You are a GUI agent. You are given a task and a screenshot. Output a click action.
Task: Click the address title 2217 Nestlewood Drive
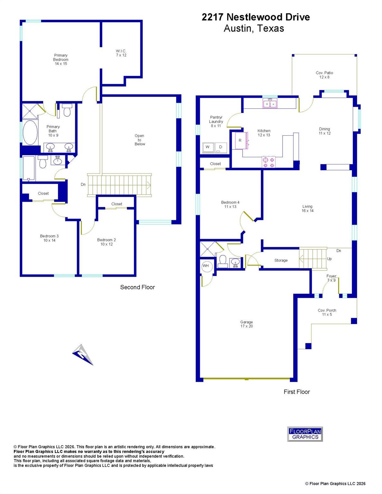coord(256,17)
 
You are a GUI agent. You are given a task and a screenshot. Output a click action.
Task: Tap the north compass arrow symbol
coord(83,354)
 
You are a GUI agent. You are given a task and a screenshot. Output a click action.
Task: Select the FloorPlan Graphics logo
coord(305,434)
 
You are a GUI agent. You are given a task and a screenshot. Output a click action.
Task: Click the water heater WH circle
coord(206,266)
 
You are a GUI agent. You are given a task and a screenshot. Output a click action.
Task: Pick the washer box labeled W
coord(208,147)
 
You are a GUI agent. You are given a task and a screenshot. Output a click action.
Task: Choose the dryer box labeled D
coord(220,147)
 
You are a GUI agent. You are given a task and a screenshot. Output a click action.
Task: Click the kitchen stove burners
coord(268,162)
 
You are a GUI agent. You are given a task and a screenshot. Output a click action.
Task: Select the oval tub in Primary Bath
coord(30,133)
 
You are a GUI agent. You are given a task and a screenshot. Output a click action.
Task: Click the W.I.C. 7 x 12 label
coord(121,53)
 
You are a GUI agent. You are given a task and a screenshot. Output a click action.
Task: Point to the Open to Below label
coord(140,140)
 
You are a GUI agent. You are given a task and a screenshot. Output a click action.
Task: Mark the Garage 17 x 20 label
coord(247,324)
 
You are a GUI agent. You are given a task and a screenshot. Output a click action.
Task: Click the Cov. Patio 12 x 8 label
coord(324,75)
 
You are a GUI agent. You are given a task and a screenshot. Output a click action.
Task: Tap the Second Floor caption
coord(137,287)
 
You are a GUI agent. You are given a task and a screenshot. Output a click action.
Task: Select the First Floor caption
coord(297,392)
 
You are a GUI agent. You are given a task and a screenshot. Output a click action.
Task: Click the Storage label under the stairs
coord(281,260)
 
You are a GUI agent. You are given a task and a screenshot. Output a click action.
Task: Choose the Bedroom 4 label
coord(230,205)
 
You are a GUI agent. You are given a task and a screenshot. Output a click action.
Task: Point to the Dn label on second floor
coord(83,185)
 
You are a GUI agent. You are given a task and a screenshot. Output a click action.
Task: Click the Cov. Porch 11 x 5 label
coord(327,312)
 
